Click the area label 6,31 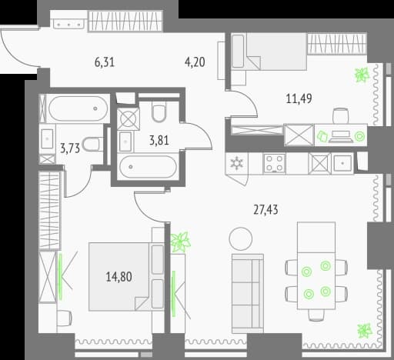coord(105,62)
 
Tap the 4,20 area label coord(195,62)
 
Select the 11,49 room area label coord(299,98)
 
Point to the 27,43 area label coord(265,210)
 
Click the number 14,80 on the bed coord(119,277)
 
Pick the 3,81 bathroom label coord(159,141)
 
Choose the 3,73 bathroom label coord(70,148)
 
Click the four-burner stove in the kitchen coord(274,163)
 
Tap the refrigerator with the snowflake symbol coord(236,163)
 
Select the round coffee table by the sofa coord(241,239)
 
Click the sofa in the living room coord(248,293)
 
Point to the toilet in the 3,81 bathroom coord(159,112)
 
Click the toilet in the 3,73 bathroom coord(93,145)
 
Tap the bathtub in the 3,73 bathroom coord(78,108)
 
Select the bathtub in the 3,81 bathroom coord(149,167)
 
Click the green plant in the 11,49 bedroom coord(362,75)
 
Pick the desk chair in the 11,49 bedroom coord(340,116)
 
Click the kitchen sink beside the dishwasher coord(342,163)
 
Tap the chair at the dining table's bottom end coord(316,315)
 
